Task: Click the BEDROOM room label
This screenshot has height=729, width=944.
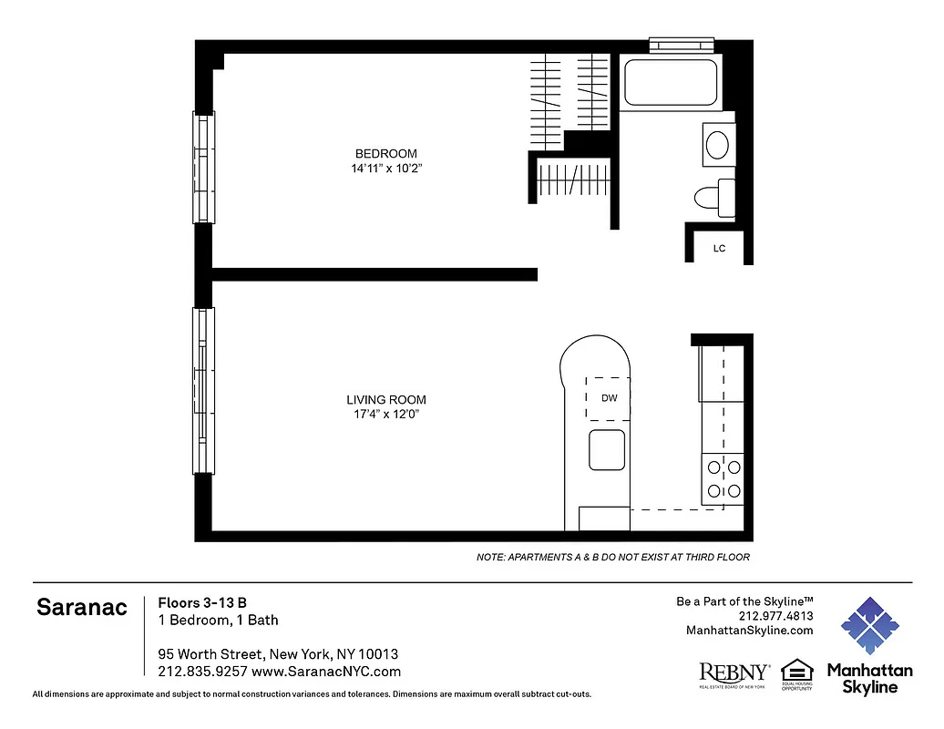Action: [385, 153]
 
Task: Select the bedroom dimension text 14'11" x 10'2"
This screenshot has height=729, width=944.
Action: [385, 169]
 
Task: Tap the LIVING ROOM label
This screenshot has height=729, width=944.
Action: [385, 399]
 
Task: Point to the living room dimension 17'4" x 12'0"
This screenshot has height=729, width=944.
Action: [385, 415]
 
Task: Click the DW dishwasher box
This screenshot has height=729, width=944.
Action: [608, 398]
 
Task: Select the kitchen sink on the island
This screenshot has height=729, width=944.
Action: [607, 449]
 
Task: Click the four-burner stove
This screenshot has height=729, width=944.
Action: [723, 479]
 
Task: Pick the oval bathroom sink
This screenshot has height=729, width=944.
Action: [718, 145]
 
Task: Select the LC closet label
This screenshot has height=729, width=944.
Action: [719, 249]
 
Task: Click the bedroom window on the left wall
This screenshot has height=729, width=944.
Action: [203, 167]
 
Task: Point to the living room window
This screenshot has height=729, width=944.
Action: [203, 390]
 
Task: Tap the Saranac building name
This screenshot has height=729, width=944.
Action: [81, 608]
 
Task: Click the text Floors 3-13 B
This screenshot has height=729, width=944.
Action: [202, 602]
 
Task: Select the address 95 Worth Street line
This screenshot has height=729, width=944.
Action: [278, 654]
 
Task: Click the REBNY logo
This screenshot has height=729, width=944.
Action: [734, 673]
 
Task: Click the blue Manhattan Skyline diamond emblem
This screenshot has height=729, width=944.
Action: [869, 627]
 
